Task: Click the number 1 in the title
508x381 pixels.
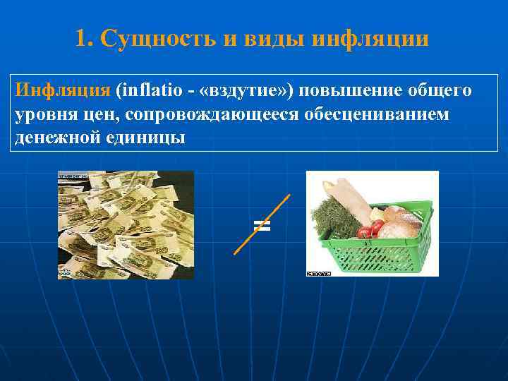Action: pyautogui.click(x=81, y=38)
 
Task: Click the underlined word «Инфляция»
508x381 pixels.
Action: pyautogui.click(x=63, y=91)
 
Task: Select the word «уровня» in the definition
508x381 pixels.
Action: pyautogui.click(x=46, y=114)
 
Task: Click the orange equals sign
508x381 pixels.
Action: pyautogui.click(x=262, y=225)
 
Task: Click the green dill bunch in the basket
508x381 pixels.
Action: pyautogui.click(x=332, y=216)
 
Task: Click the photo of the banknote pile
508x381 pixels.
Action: pyautogui.click(x=126, y=225)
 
